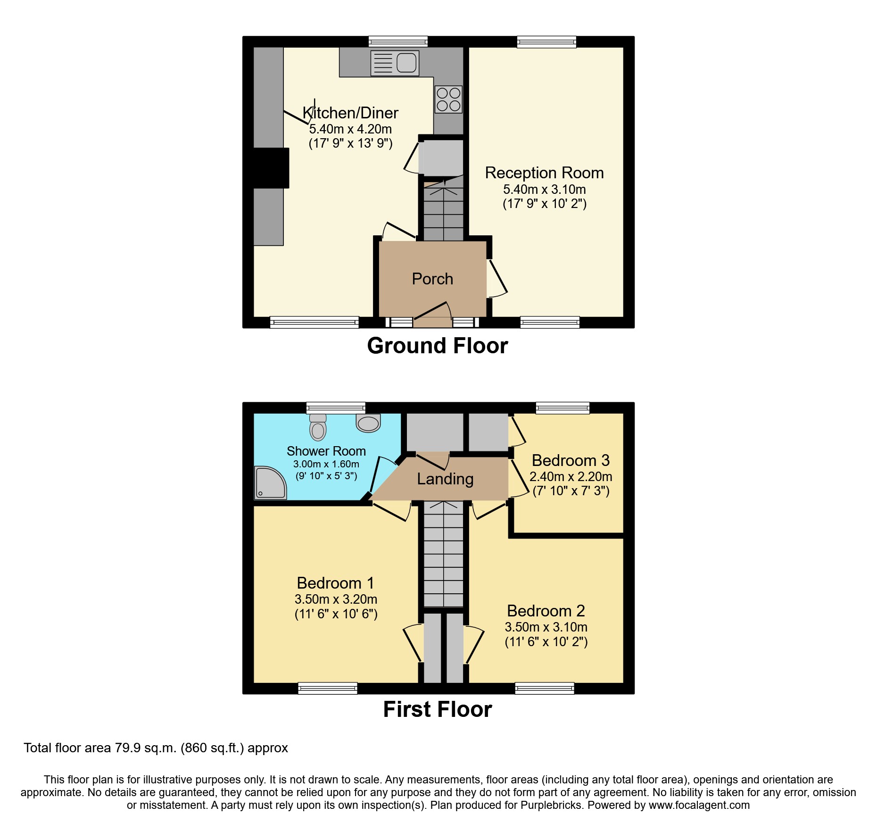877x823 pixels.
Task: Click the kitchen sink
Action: click(x=395, y=63)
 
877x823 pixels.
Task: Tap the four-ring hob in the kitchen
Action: click(x=448, y=100)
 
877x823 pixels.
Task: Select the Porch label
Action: click(x=432, y=279)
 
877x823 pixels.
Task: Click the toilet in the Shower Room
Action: click(x=318, y=427)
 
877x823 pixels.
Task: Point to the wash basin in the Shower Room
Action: click(x=368, y=423)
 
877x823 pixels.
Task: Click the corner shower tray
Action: click(x=270, y=483)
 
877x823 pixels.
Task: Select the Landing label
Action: click(x=445, y=479)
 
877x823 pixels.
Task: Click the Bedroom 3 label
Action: click(x=571, y=460)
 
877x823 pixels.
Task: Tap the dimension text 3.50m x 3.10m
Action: click(x=546, y=627)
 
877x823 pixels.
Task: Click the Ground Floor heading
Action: click(x=437, y=346)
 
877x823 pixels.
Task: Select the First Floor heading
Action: click(x=437, y=709)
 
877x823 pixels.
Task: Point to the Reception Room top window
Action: click(x=546, y=42)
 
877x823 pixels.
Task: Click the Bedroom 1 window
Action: click(x=328, y=689)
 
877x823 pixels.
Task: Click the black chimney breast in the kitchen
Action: click(x=271, y=168)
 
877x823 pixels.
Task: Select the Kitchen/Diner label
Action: click(x=350, y=113)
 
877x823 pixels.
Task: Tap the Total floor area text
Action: click(x=156, y=748)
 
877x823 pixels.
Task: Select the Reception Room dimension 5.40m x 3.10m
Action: click(x=544, y=190)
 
